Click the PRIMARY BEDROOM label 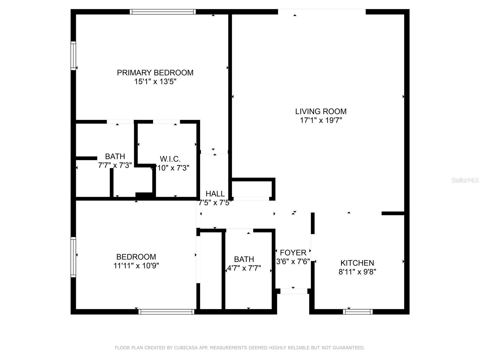click(155, 73)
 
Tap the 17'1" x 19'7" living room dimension click(321, 121)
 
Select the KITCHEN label click(357, 263)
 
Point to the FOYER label click(293, 253)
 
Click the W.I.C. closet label click(170, 159)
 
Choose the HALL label click(215, 194)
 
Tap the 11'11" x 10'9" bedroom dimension click(136, 266)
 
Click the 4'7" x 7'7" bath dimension click(244, 268)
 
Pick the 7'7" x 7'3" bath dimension click(115, 165)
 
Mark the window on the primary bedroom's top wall click(163, 12)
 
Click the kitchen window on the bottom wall click(358, 312)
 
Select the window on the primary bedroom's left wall click(73, 56)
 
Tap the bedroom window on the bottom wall click(166, 312)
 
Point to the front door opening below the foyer click(294, 291)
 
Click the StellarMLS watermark click(465, 180)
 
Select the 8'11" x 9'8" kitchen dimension click(357, 272)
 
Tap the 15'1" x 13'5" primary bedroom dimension click(155, 82)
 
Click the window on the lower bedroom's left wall click(73, 257)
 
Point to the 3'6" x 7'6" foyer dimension click(293, 262)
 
